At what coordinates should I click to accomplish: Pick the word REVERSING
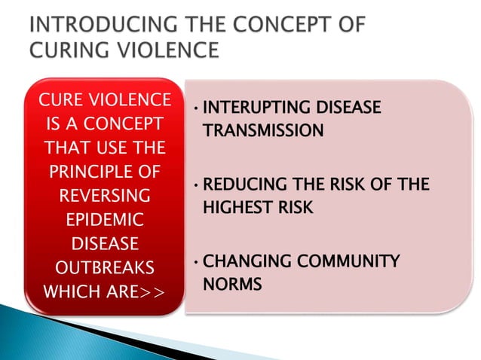tap(104, 196)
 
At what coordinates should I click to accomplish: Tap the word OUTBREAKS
tap(103, 269)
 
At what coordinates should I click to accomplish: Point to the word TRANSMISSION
tap(263, 131)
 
